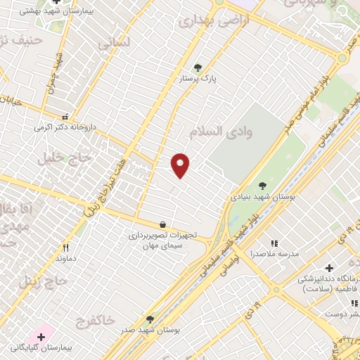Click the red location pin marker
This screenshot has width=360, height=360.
pos(181,165)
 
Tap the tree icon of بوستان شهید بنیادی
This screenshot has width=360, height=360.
pos(262,186)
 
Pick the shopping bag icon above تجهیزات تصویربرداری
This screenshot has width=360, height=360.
pos(163,224)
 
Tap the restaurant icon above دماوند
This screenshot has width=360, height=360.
pos(66,247)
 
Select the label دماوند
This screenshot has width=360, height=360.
pos(65,259)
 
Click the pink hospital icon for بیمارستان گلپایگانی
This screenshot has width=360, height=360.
pos(41,337)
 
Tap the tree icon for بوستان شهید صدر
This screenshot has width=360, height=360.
pos(150,319)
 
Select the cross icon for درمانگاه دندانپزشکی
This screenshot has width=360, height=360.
pos(329,268)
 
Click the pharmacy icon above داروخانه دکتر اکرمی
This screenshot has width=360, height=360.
pos(65,117)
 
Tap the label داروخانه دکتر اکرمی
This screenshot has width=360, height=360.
pos(65,128)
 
